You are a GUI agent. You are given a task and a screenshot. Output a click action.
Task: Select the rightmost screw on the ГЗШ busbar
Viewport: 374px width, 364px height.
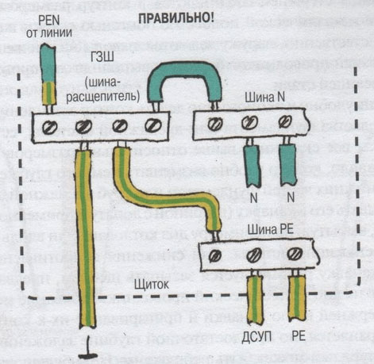[x=152, y=125]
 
